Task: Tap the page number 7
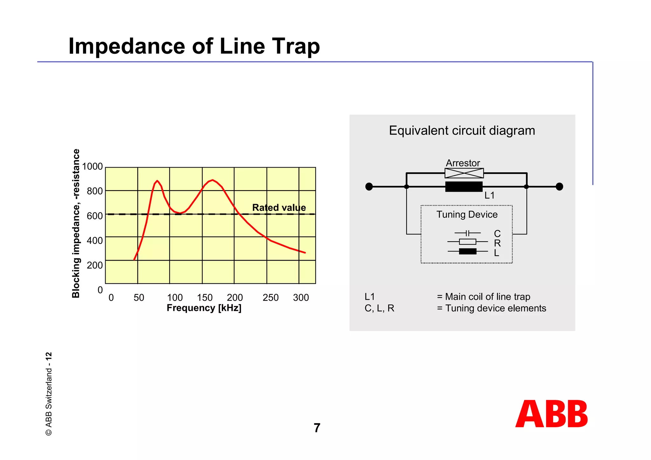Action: (317, 428)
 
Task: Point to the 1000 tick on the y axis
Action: (93, 166)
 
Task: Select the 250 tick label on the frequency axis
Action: (271, 298)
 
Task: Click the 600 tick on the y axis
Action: (95, 216)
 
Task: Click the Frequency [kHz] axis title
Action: (204, 308)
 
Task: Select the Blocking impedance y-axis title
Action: (76, 223)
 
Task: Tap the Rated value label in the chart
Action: (279, 208)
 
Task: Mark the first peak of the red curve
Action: (157, 181)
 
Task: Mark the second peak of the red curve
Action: (212, 180)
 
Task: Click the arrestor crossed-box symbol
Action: (464, 173)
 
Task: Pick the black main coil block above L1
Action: (464, 187)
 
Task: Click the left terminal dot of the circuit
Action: (369, 187)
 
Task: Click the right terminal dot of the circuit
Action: (559, 187)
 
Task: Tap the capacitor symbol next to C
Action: (467, 233)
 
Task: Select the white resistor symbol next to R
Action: (467, 242)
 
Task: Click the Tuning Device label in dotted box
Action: (467, 215)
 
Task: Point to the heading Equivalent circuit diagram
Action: (462, 131)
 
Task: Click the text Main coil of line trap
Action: (487, 297)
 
